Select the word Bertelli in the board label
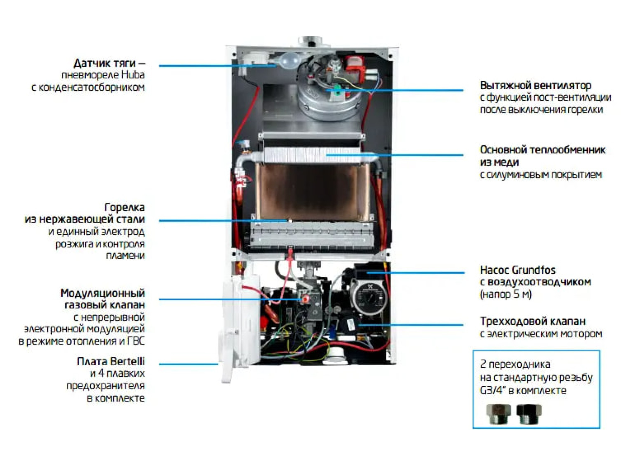[128, 361]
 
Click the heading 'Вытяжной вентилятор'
[535, 85]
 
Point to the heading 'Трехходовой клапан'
[533, 321]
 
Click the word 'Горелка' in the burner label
[124, 207]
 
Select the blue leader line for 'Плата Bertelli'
[188, 364]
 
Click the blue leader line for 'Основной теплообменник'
[394, 155]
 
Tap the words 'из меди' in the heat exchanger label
[499, 162]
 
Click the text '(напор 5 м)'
[505, 294]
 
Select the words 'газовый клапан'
[105, 305]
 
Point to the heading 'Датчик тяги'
[105, 63]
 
